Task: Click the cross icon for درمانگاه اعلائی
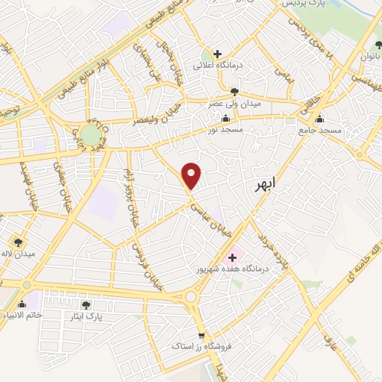point(217,54)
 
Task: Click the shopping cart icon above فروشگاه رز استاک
point(200,336)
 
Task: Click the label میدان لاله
point(18,253)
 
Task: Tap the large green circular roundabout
point(90,135)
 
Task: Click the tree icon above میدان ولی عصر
point(234,91)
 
